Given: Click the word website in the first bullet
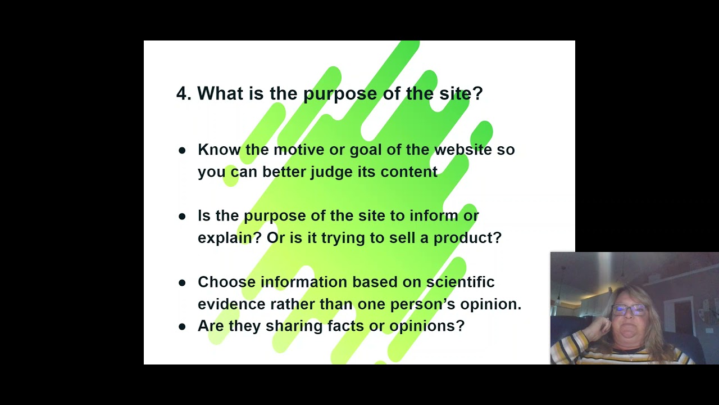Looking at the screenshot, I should tap(463, 150).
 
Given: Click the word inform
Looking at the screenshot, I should tap(431, 215).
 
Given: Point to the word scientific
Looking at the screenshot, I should tap(460, 282).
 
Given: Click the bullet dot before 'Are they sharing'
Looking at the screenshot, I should tap(182, 326).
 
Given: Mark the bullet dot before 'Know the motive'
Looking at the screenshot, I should tap(182, 150).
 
